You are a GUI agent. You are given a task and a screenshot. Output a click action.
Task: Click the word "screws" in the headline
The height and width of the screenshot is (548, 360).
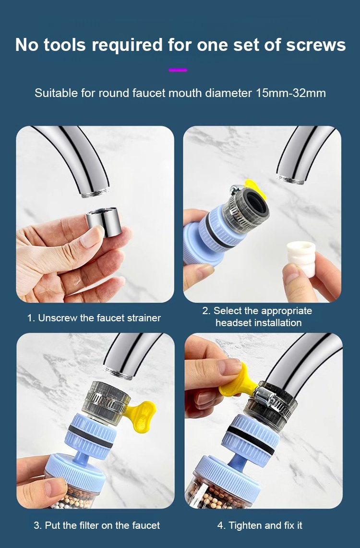click(316, 45)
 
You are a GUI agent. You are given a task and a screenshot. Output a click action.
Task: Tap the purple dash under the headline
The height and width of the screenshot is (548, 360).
click(178, 70)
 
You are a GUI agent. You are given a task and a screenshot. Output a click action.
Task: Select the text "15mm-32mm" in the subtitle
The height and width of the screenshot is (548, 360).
click(290, 93)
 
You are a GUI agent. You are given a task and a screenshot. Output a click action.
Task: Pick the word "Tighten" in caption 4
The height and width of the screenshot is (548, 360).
click(245, 525)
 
